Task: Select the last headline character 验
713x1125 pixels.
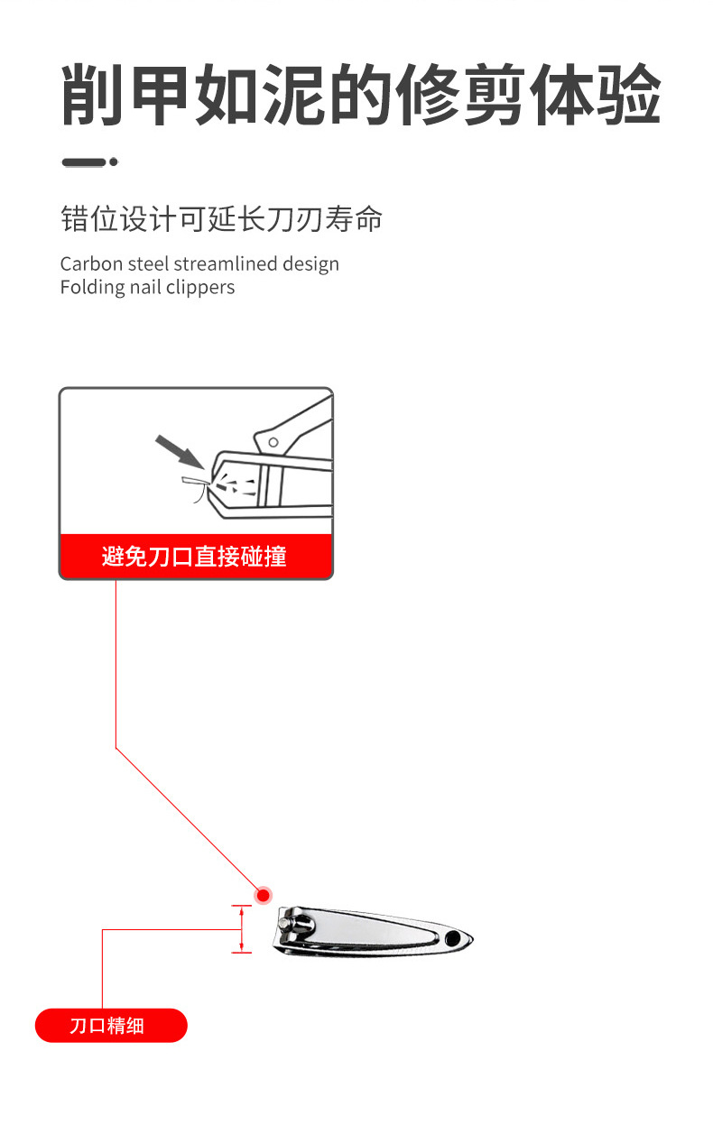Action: [628, 96]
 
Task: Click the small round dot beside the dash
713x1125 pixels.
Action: [114, 162]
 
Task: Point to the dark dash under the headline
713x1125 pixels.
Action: [83, 162]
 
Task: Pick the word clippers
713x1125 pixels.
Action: [200, 288]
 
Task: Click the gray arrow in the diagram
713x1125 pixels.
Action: [176, 452]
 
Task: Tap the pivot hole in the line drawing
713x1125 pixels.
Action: [272, 441]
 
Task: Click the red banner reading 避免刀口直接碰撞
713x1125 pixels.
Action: [195, 556]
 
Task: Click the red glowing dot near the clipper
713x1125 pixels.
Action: [264, 895]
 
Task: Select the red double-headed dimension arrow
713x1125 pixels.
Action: [241, 929]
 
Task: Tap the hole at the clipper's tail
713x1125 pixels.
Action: [451, 939]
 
